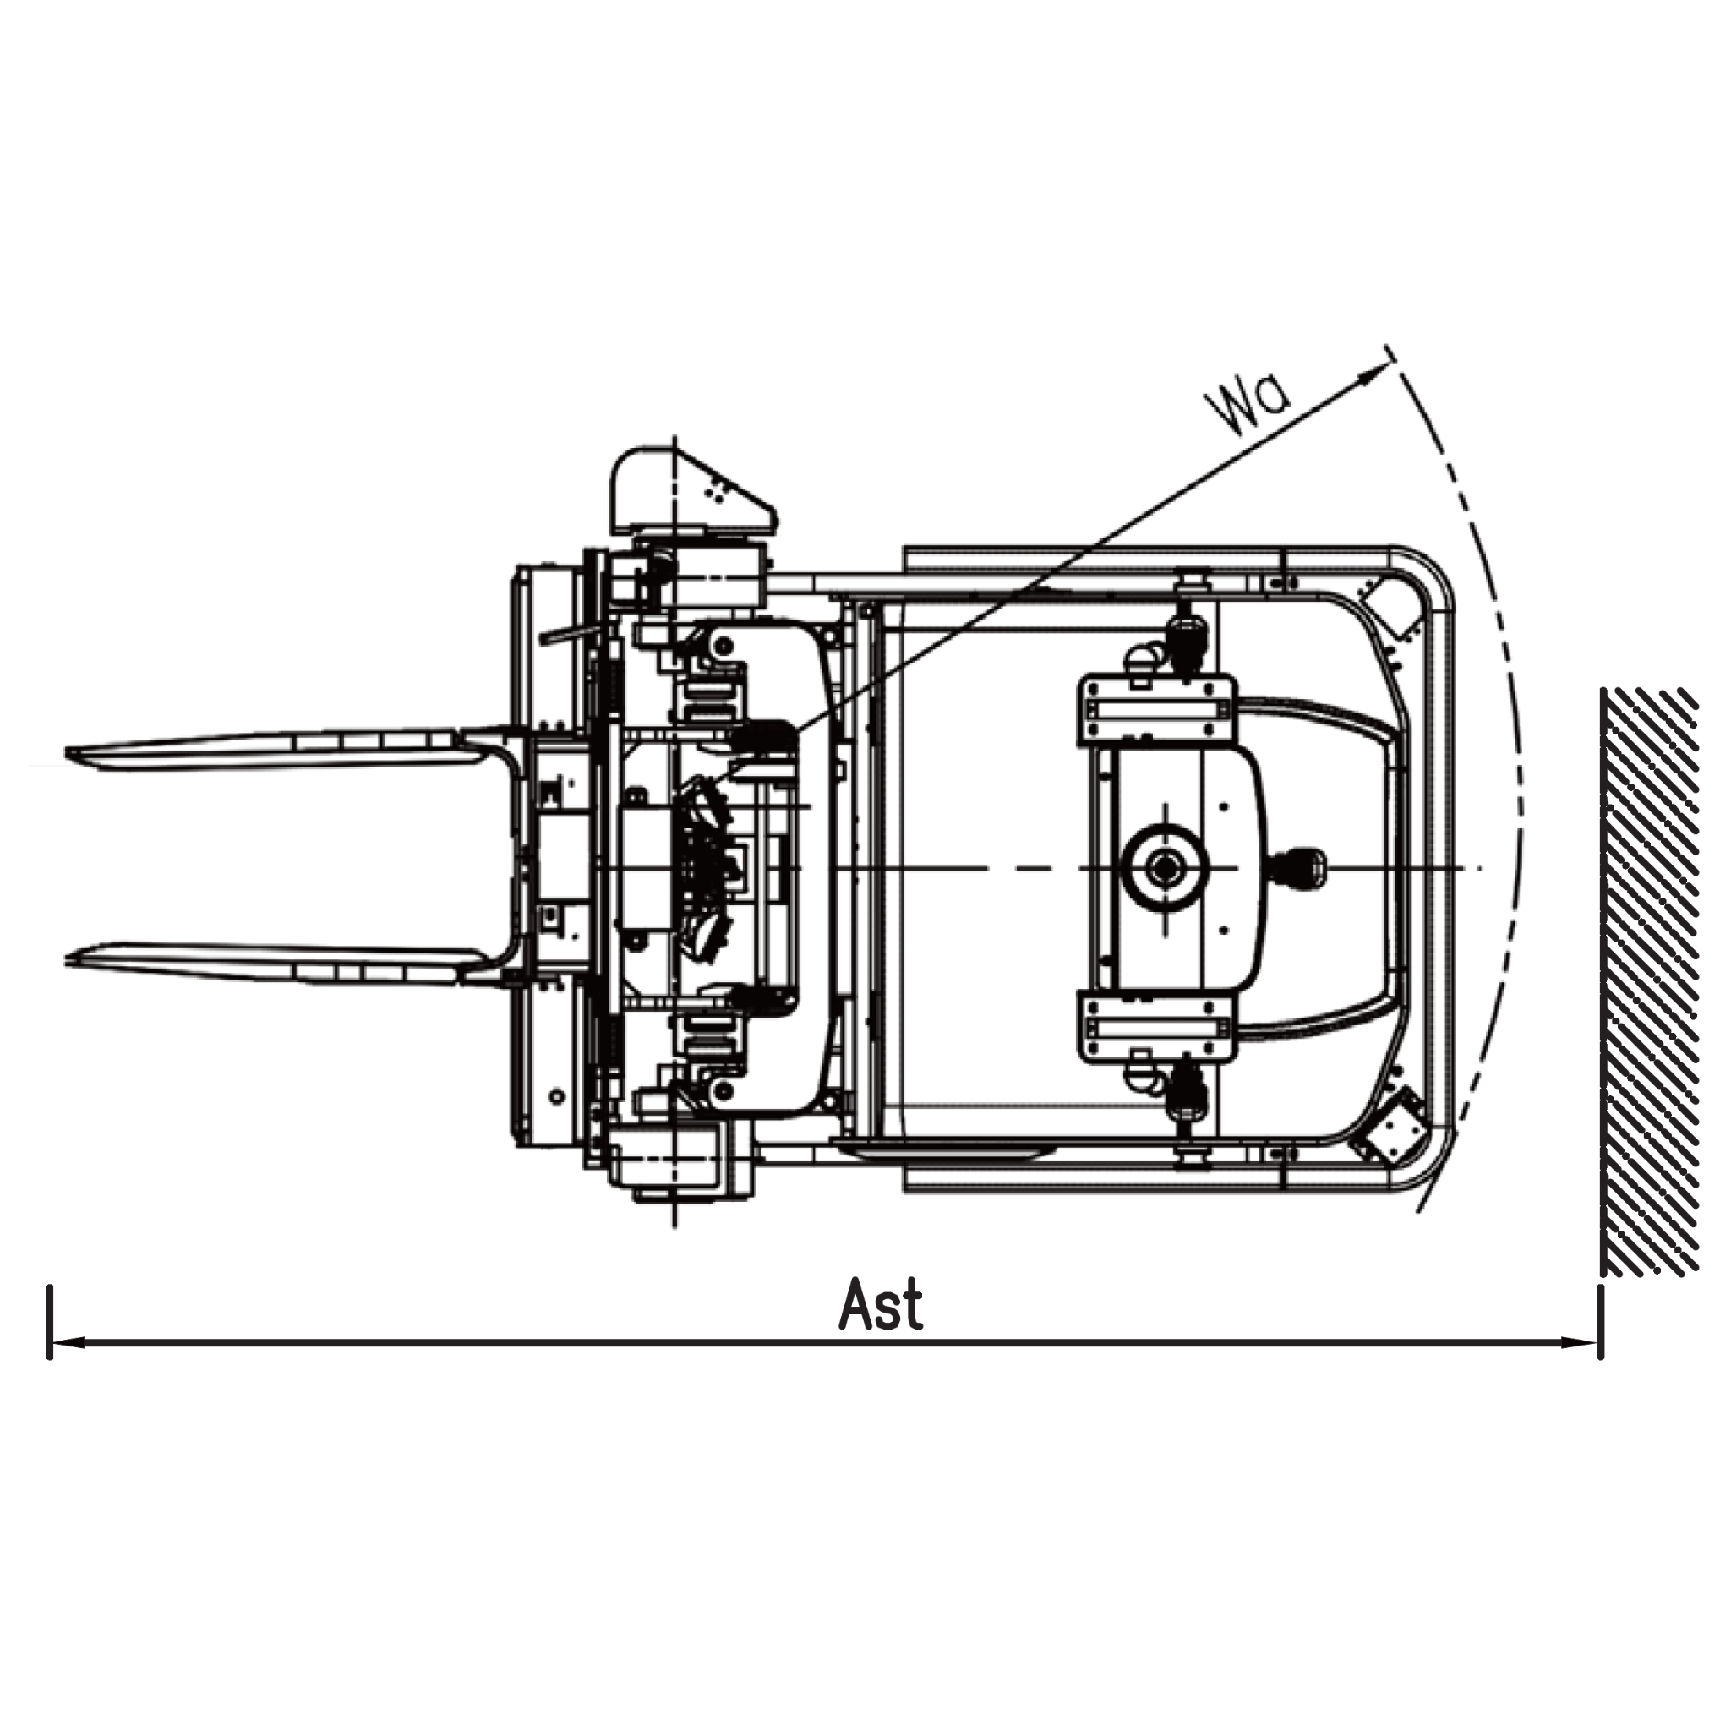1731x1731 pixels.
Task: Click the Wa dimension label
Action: pyautogui.click(x=1249, y=408)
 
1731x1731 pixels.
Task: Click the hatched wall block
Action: pyautogui.click(x=1650, y=981)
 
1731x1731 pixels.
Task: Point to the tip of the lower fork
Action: pyautogui.click(x=68, y=958)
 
